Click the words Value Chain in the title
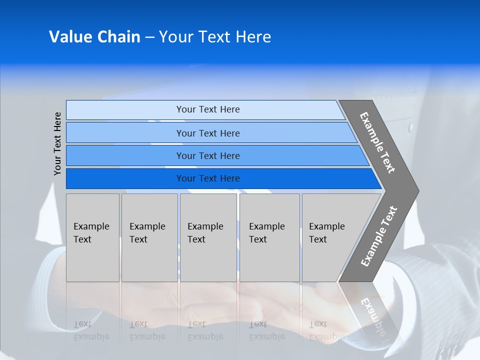(x=94, y=37)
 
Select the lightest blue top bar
(x=125, y=110)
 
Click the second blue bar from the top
(x=125, y=132)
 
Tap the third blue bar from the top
(x=125, y=155)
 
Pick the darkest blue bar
(x=125, y=178)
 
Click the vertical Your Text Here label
(x=57, y=143)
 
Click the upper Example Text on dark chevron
(x=377, y=142)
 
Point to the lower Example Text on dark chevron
(x=378, y=236)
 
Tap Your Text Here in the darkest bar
(x=208, y=178)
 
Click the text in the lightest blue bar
(x=208, y=109)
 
